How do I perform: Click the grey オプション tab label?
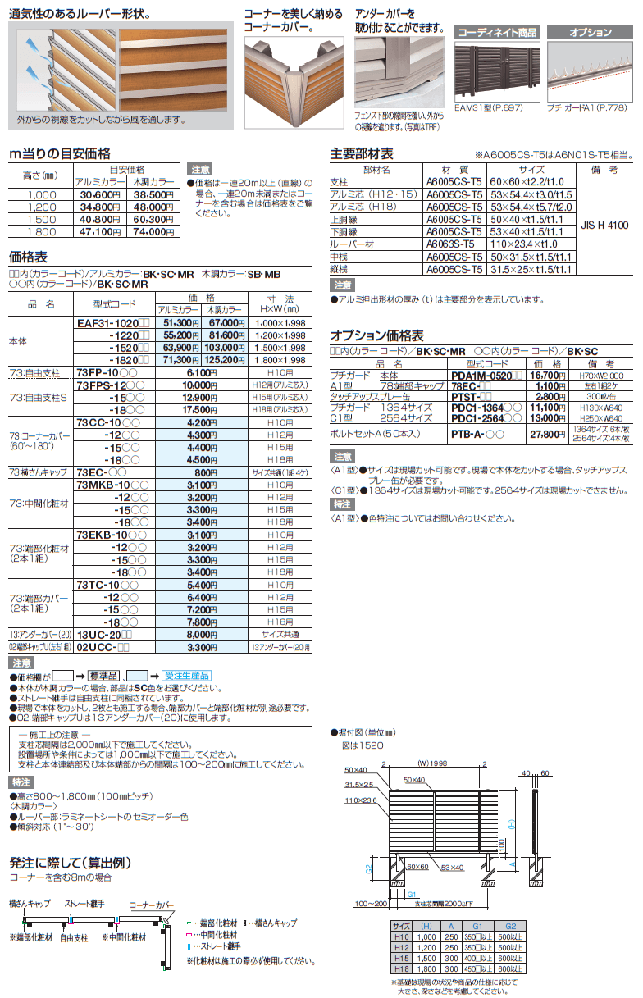(591, 33)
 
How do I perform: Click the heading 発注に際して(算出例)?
(71, 863)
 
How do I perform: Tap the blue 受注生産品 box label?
(185, 675)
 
